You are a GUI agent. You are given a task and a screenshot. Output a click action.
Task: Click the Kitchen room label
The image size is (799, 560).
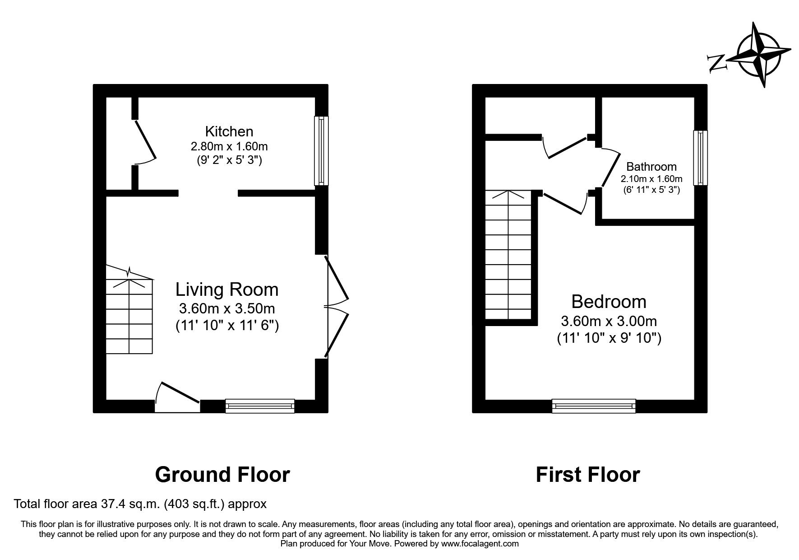click(x=229, y=131)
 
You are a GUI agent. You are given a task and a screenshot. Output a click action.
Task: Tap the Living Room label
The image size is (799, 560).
click(x=227, y=289)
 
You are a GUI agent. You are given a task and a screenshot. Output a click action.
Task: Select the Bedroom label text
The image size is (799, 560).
click(x=609, y=301)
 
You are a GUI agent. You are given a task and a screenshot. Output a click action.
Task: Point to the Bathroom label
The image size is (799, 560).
click(x=651, y=167)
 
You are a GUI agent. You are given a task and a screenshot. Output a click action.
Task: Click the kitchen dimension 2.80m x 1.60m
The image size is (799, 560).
click(x=229, y=146)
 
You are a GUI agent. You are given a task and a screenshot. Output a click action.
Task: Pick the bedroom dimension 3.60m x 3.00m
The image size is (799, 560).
click(x=609, y=322)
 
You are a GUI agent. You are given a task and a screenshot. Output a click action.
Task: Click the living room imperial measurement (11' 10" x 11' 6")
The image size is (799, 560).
click(x=227, y=325)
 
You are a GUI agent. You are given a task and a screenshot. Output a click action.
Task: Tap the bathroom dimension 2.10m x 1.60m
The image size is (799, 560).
click(x=651, y=179)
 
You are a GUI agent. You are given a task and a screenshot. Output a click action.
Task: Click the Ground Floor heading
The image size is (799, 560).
click(x=222, y=475)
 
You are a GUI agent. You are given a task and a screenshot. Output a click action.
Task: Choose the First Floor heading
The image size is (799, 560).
click(x=587, y=475)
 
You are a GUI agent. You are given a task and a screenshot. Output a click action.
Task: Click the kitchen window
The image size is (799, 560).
click(x=321, y=150)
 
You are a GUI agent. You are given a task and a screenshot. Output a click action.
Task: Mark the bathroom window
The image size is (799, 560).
click(x=700, y=158)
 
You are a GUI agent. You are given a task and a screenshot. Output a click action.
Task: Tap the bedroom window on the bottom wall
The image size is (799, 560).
click(x=594, y=406)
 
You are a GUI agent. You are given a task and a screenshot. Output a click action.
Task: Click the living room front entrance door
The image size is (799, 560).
click(x=177, y=397)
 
